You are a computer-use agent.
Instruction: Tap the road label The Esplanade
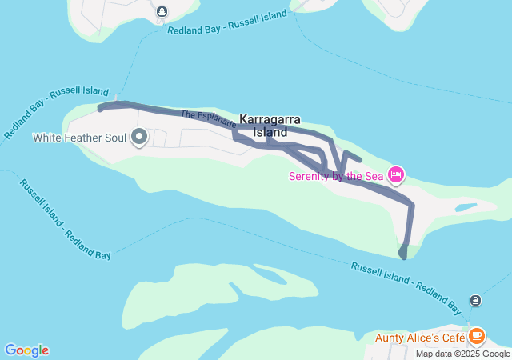208,119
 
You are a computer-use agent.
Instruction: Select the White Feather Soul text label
79,138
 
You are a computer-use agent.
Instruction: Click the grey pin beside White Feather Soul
139,137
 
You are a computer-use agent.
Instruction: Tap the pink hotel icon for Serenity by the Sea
396,174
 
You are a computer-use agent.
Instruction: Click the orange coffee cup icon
477,335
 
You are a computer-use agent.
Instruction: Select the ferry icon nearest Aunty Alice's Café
476,300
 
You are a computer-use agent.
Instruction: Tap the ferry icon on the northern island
162,11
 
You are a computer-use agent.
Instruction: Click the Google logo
26,350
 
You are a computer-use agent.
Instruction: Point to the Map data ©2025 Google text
462,354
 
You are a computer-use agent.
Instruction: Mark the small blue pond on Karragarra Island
465,208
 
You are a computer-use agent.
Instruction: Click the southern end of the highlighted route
402,255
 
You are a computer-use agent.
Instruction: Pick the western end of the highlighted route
100,107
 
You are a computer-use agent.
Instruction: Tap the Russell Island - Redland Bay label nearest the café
406,287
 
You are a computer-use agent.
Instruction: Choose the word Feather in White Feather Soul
84,138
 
